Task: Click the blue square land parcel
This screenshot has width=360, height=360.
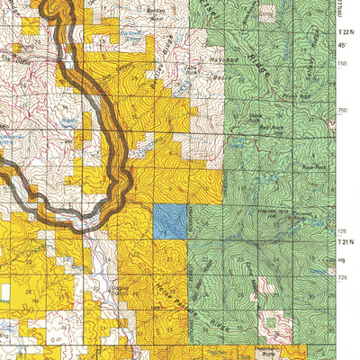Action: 169,220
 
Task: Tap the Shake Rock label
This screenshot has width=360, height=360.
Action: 256,118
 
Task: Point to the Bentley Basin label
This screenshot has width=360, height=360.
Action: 155,13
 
